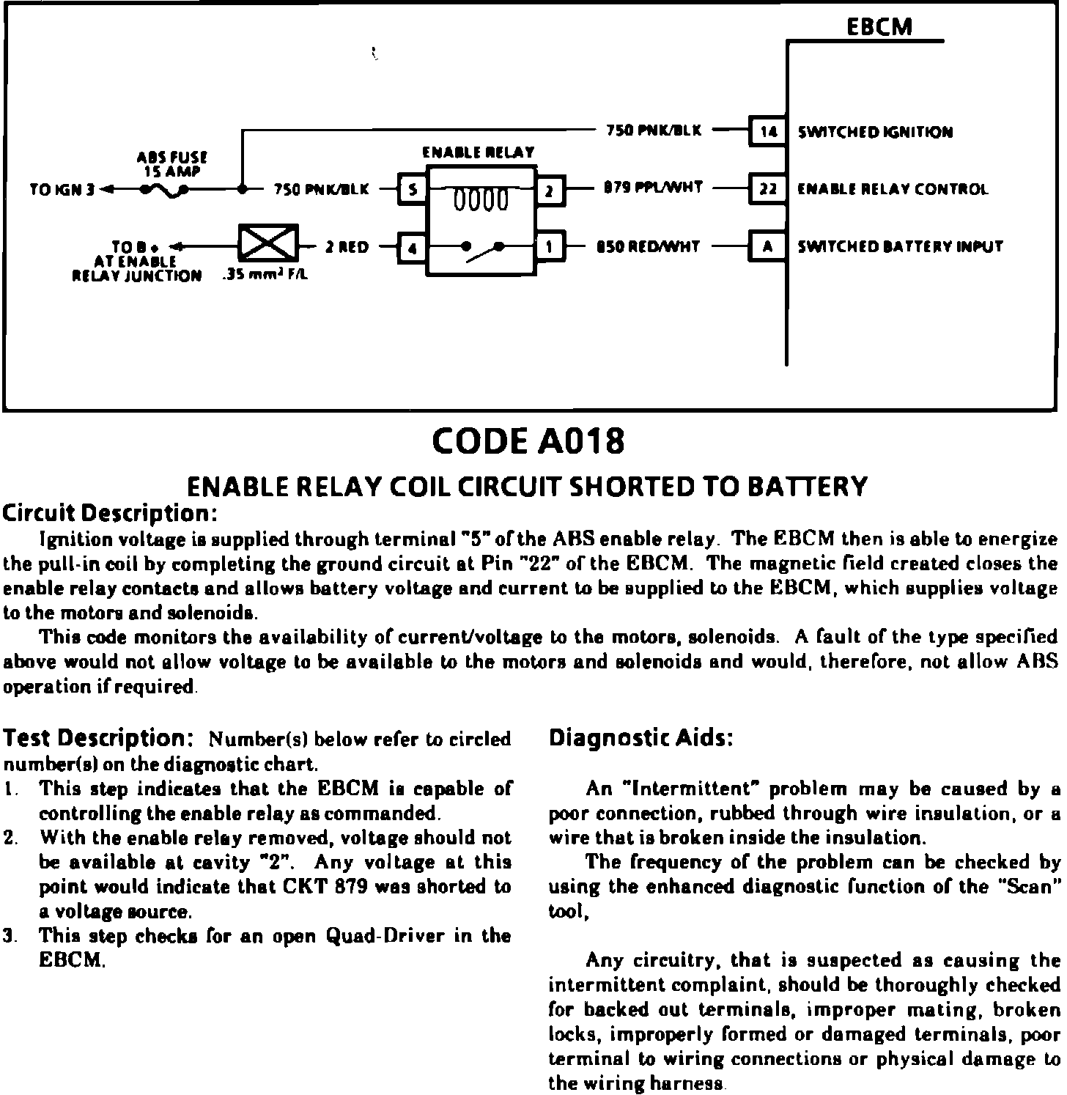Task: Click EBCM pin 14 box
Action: coord(767,132)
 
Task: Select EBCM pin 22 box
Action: coord(767,189)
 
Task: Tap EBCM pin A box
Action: coord(767,246)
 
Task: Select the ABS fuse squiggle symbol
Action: coord(166,191)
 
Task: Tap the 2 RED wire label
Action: coord(347,247)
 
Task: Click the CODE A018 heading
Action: coord(529,441)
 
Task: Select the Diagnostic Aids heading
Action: coord(641,738)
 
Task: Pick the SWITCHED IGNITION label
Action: coord(875,133)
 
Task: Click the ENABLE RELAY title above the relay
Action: coord(479,152)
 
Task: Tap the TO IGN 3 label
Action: coord(62,190)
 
